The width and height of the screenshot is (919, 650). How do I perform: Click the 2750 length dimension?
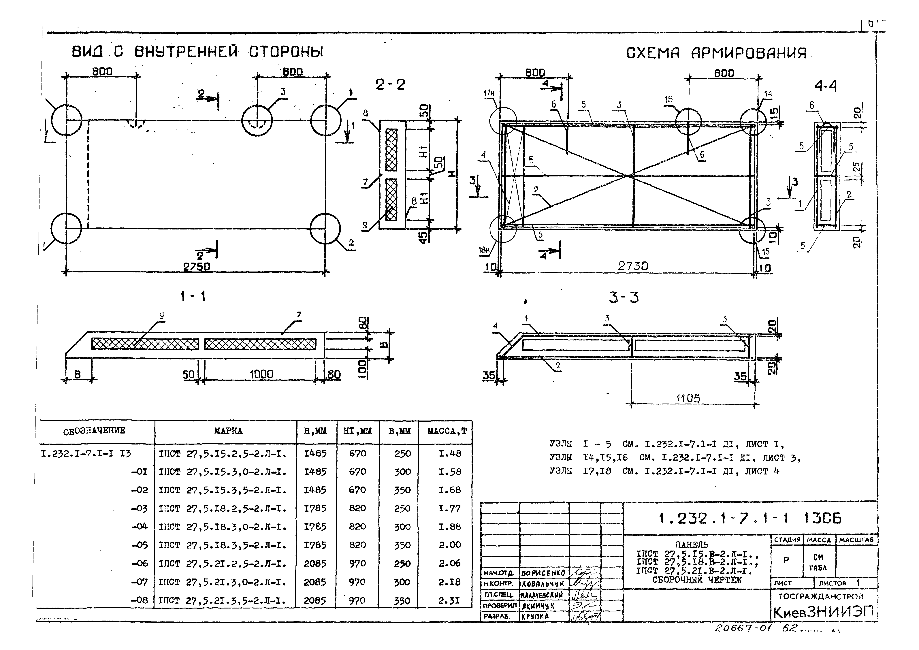point(197,267)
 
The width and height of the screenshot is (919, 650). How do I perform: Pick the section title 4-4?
point(825,86)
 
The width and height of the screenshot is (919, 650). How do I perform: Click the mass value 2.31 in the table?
point(449,600)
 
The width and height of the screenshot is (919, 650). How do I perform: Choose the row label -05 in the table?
point(139,545)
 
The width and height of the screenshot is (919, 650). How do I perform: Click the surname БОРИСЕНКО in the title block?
point(543,573)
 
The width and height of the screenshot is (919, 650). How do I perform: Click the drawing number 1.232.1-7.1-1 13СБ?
point(750,519)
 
